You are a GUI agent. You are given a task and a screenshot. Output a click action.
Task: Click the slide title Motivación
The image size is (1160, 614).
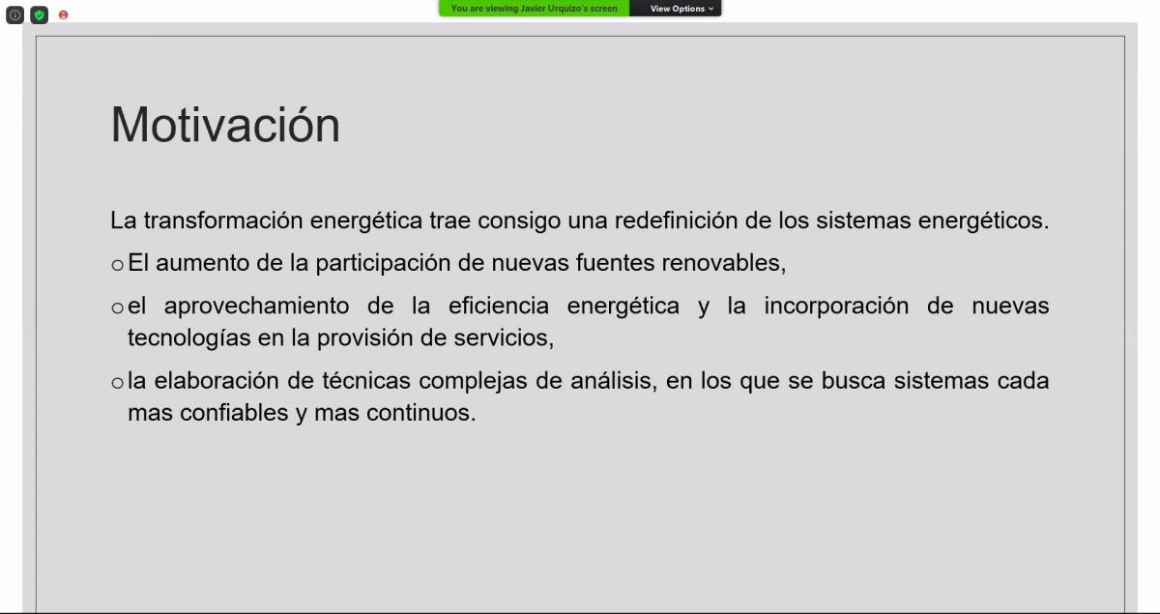click(225, 125)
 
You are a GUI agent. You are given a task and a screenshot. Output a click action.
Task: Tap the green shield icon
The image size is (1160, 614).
click(40, 15)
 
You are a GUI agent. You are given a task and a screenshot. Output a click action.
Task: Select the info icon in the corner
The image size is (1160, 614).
click(15, 15)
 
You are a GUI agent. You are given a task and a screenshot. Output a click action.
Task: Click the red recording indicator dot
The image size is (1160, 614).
click(63, 15)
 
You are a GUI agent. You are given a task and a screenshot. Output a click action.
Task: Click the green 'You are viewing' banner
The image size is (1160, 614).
click(535, 9)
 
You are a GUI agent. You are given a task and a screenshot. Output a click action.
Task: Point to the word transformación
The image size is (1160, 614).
click(223, 220)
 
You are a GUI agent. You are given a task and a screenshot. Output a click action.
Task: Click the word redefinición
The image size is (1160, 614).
click(676, 220)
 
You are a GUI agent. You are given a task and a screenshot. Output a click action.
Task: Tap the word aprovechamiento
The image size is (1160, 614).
click(256, 307)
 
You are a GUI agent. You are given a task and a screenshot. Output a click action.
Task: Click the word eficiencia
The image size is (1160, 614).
click(498, 306)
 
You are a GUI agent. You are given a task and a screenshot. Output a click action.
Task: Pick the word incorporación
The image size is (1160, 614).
click(836, 307)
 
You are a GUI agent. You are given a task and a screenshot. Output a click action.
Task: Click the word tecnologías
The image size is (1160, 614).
click(189, 338)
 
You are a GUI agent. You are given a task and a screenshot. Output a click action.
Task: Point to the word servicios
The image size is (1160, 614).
click(504, 338)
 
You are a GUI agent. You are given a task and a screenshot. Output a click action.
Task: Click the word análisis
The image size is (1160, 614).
click(614, 381)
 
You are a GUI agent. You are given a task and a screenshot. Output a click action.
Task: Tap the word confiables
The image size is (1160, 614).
click(234, 413)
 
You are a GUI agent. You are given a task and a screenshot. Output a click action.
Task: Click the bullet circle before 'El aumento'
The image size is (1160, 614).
click(118, 265)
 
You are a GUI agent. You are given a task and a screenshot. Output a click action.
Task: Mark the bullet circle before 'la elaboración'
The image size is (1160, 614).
click(118, 384)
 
